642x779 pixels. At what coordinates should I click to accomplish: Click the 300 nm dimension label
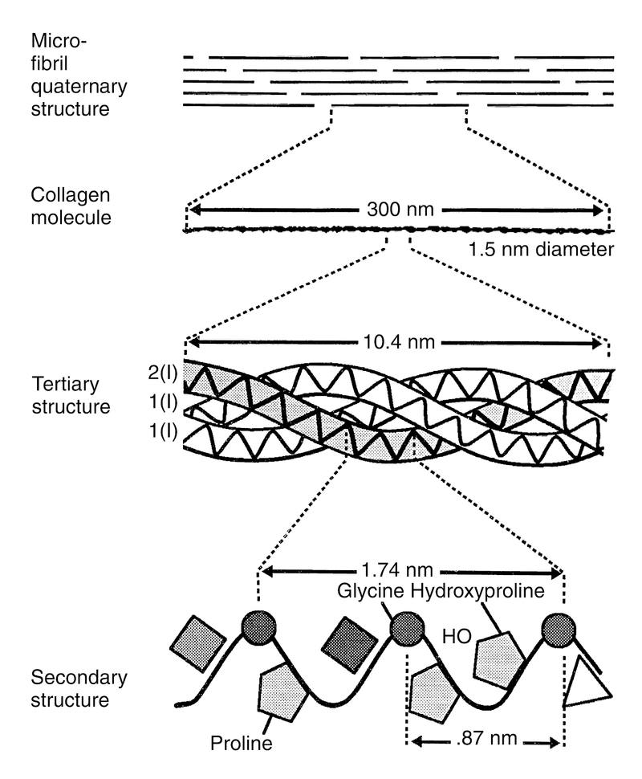pos(400,209)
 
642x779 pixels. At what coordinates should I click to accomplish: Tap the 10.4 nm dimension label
pos(399,342)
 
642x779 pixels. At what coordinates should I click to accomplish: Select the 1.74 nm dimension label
pos(396,569)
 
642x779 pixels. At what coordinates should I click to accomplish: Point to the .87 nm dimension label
pos(486,738)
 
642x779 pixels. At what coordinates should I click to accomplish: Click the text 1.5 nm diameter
pos(541,249)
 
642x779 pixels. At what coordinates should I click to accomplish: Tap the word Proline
pos(242,743)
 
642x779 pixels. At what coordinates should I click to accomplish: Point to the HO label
pos(457,636)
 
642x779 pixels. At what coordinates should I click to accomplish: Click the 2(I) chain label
pos(163,372)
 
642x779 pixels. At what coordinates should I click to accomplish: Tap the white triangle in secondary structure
pos(584,684)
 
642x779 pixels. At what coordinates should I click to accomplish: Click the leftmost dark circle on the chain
pos(258,627)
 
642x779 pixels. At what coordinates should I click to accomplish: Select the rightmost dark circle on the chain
pos(559,630)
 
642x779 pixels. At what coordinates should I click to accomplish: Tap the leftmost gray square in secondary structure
pos(198,644)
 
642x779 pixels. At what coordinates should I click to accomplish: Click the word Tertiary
pos(66,385)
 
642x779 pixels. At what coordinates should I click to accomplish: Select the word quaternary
pos(79,87)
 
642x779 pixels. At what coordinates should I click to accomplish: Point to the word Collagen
pos(71,195)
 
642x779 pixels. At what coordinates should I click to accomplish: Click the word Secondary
pos(79,678)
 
